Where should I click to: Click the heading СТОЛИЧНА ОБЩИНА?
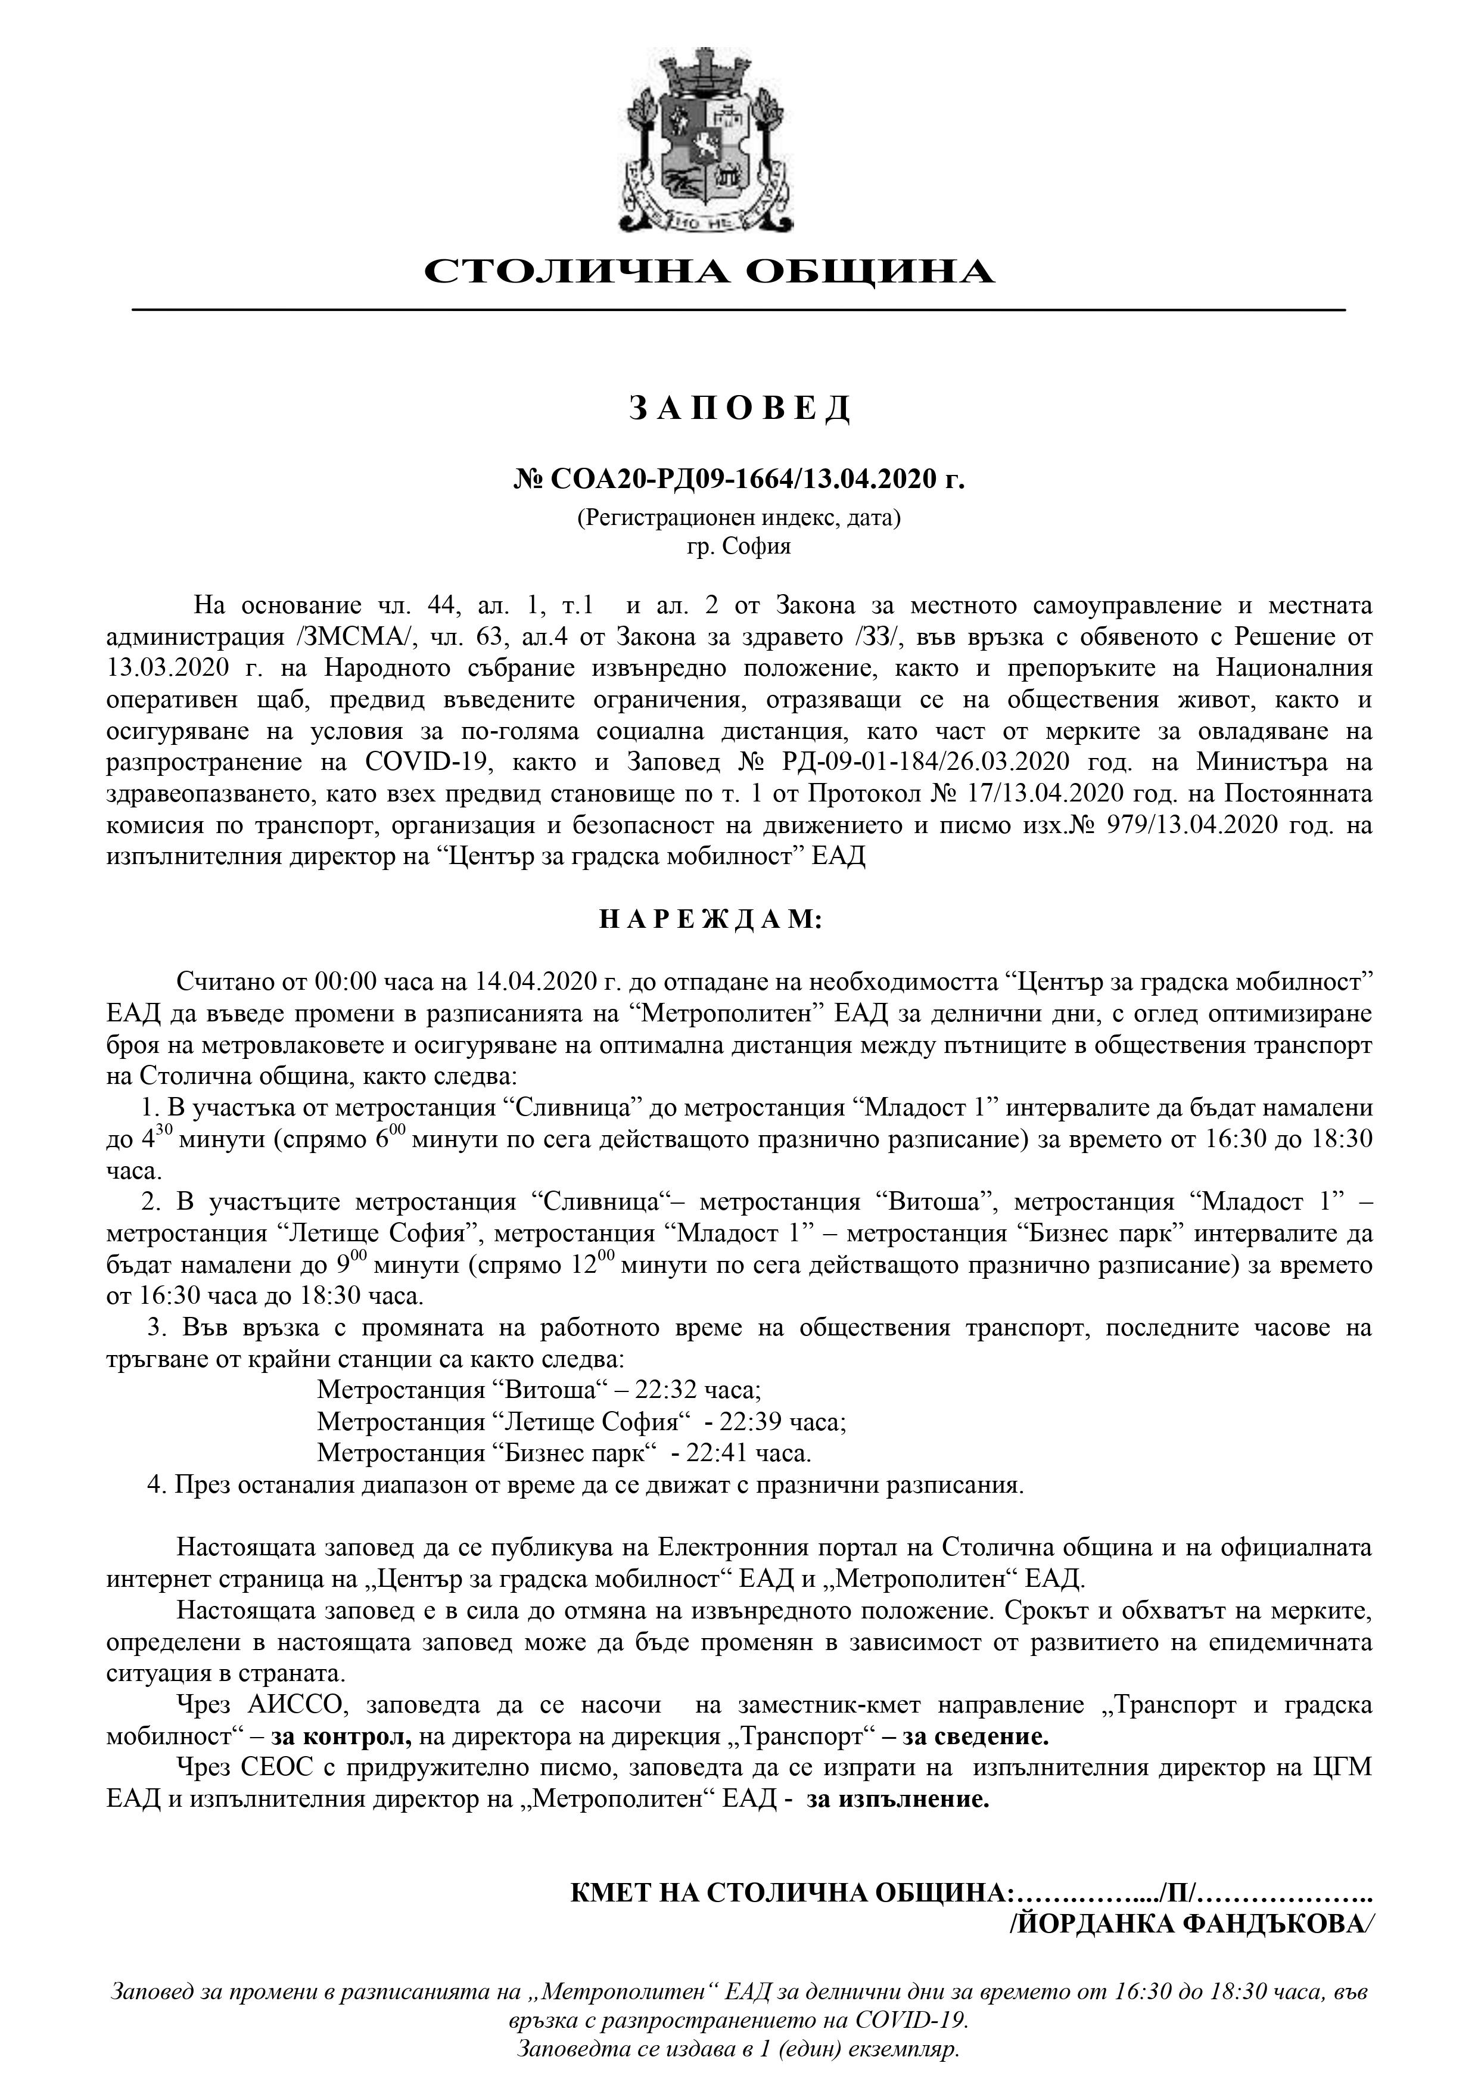pyautogui.click(x=710, y=271)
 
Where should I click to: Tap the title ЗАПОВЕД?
pyautogui.click(x=739, y=409)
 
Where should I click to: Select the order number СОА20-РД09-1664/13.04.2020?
pyautogui.click(x=739, y=478)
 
